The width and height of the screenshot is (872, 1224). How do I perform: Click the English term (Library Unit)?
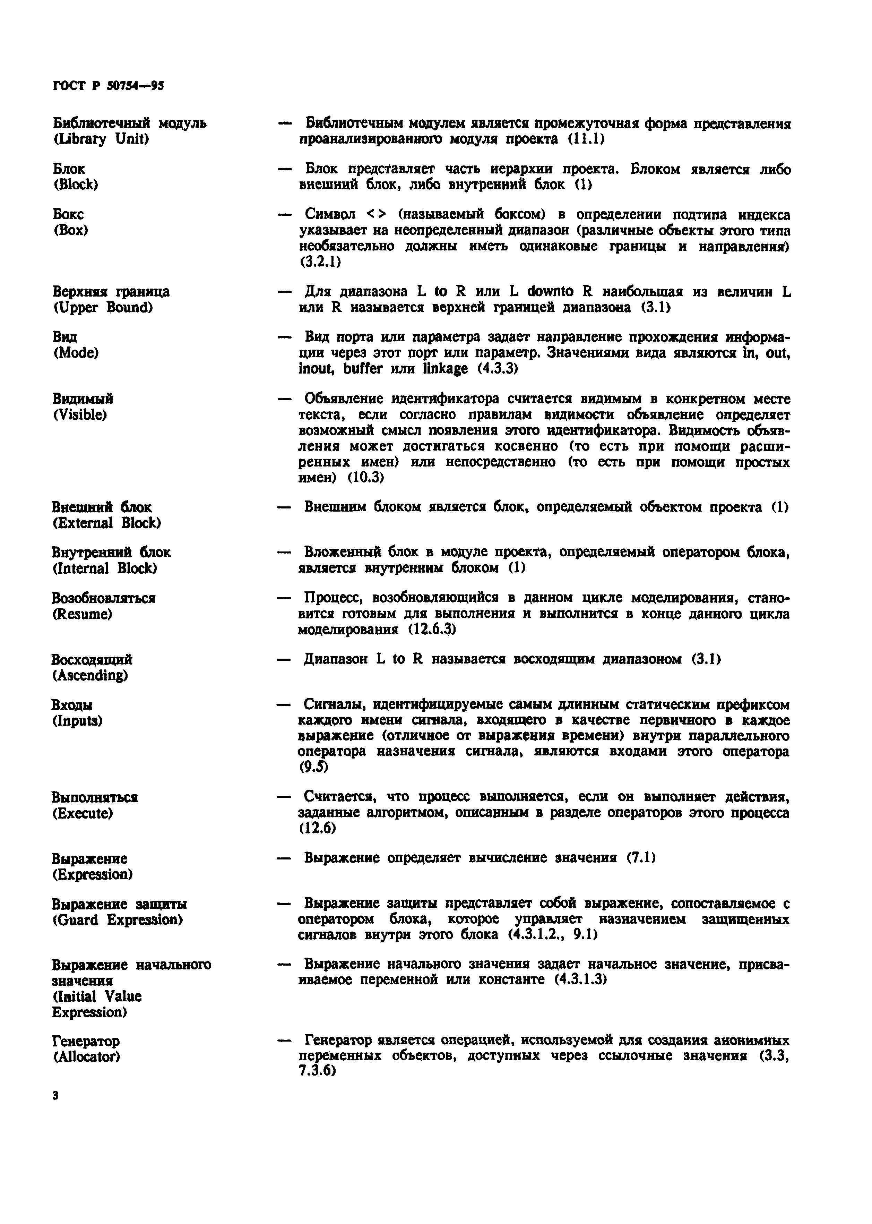click(x=101, y=139)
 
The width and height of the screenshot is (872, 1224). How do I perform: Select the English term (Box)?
click(x=70, y=230)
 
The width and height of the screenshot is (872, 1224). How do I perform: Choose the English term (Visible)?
click(x=79, y=414)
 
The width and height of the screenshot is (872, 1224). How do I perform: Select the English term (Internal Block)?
click(x=104, y=568)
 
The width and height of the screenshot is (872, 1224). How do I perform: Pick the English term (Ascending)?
click(x=90, y=675)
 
